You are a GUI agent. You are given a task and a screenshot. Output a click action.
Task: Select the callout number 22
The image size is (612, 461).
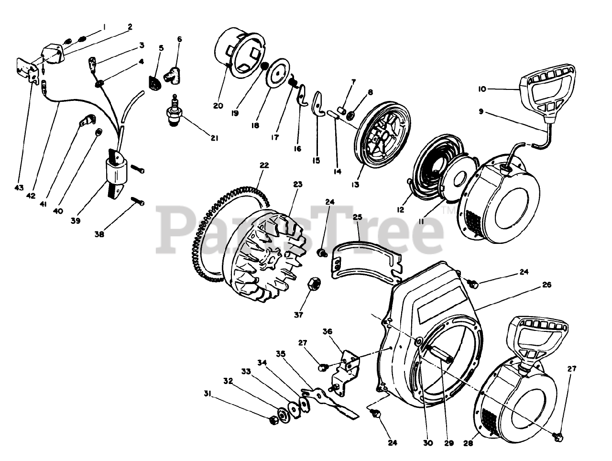pyautogui.click(x=264, y=165)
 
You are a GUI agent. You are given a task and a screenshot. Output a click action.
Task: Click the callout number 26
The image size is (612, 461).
pyautogui.click(x=547, y=285)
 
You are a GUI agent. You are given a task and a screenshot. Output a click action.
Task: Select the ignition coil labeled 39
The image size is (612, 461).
pyautogui.click(x=117, y=172)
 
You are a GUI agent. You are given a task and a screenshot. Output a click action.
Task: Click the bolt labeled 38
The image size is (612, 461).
pyautogui.click(x=137, y=203)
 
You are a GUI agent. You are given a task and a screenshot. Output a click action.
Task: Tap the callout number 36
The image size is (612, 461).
pyautogui.click(x=327, y=331)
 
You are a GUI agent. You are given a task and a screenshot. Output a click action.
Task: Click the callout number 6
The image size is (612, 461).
pyautogui.click(x=180, y=39)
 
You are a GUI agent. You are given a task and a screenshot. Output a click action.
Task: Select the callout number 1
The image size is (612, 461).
pyautogui.click(x=105, y=27)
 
